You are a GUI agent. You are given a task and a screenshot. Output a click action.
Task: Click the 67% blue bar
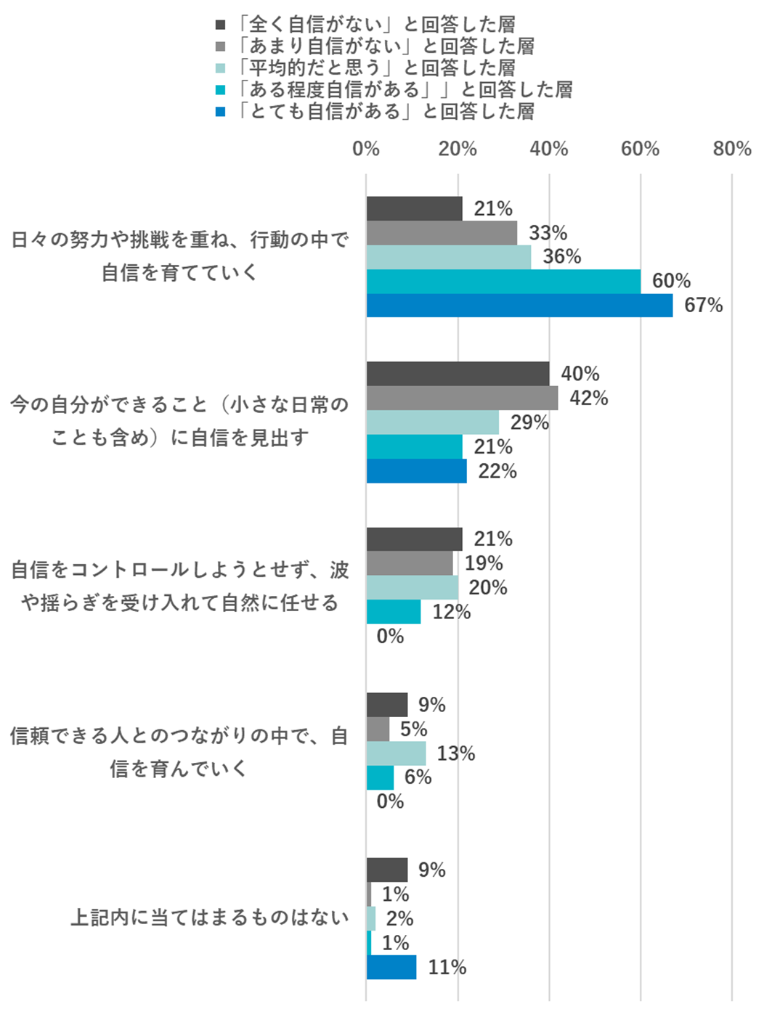coord(519,306)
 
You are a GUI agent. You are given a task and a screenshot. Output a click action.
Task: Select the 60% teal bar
coord(503,282)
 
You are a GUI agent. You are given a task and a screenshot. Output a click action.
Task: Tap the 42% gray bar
coord(462,398)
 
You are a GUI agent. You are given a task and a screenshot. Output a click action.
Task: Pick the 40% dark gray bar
coord(458,374)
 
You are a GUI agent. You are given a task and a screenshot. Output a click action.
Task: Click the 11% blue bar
coord(391,968)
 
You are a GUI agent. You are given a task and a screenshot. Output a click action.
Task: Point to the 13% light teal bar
coord(396,753)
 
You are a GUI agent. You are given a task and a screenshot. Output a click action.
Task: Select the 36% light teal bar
coord(448,257)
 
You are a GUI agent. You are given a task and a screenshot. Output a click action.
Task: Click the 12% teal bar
coord(394,612)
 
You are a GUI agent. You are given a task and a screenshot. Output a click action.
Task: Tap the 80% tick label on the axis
coord(731,149)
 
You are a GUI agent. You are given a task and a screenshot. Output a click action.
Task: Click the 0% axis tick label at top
coord(366,149)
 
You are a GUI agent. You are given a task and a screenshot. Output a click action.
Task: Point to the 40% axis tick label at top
coord(549,149)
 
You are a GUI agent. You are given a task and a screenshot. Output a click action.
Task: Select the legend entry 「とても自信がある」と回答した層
coord(385,112)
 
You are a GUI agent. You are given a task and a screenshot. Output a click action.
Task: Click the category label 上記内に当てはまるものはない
coord(210,917)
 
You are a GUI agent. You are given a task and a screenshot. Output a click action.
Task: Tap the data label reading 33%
coord(548,233)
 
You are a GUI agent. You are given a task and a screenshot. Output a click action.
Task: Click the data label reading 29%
coord(529,422)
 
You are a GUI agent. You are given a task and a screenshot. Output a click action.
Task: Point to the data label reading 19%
coord(484,563)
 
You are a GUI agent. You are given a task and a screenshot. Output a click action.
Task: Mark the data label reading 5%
coord(413,729)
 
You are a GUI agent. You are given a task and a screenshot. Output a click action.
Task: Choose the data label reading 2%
coord(399,919)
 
